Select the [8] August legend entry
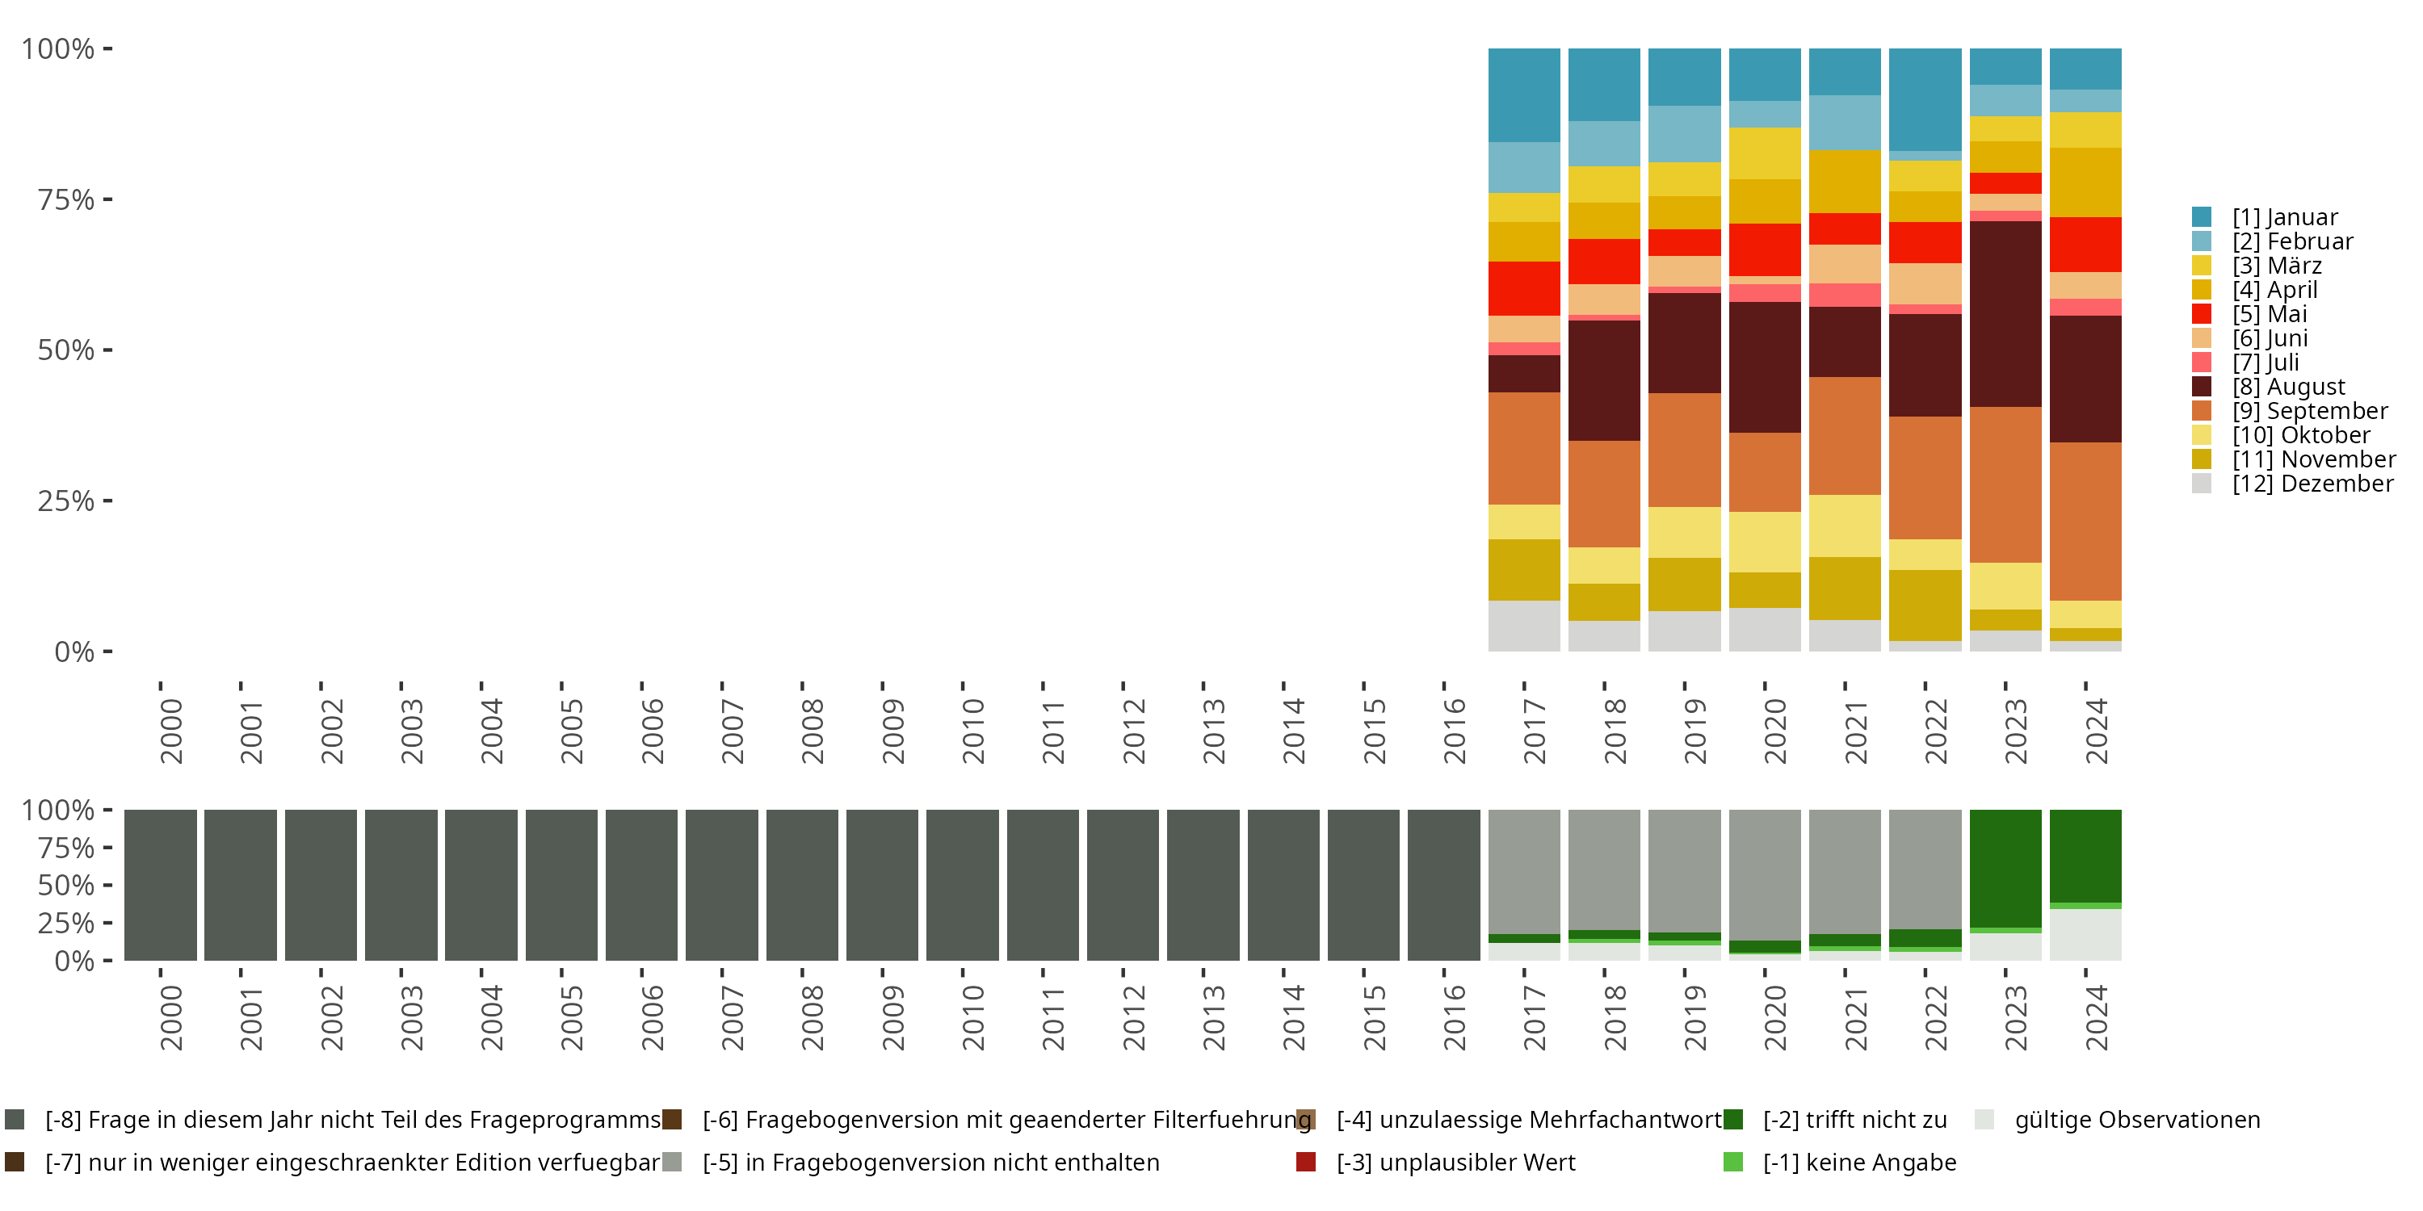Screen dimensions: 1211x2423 coord(2288,387)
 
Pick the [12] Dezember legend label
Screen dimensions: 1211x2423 coord(2312,484)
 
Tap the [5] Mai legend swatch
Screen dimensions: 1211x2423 coord(2202,314)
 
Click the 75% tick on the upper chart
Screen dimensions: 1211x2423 coord(66,199)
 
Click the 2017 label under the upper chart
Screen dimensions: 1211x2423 coord(1534,731)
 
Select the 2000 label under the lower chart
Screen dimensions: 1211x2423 coord(170,1018)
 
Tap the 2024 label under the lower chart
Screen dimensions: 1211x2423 coord(2096,1018)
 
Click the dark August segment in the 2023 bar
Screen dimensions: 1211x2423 coord(2005,314)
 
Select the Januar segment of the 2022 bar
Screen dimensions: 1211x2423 coord(1925,98)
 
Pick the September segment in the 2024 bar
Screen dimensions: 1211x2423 coord(2085,521)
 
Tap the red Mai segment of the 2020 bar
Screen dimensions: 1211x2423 coord(1765,249)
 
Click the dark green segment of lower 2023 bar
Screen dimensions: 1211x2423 coord(2005,868)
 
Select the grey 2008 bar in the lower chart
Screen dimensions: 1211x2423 coord(801,885)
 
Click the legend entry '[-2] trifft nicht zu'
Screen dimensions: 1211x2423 coord(1854,1120)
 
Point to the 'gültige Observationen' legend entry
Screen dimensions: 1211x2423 coord(2136,1120)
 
